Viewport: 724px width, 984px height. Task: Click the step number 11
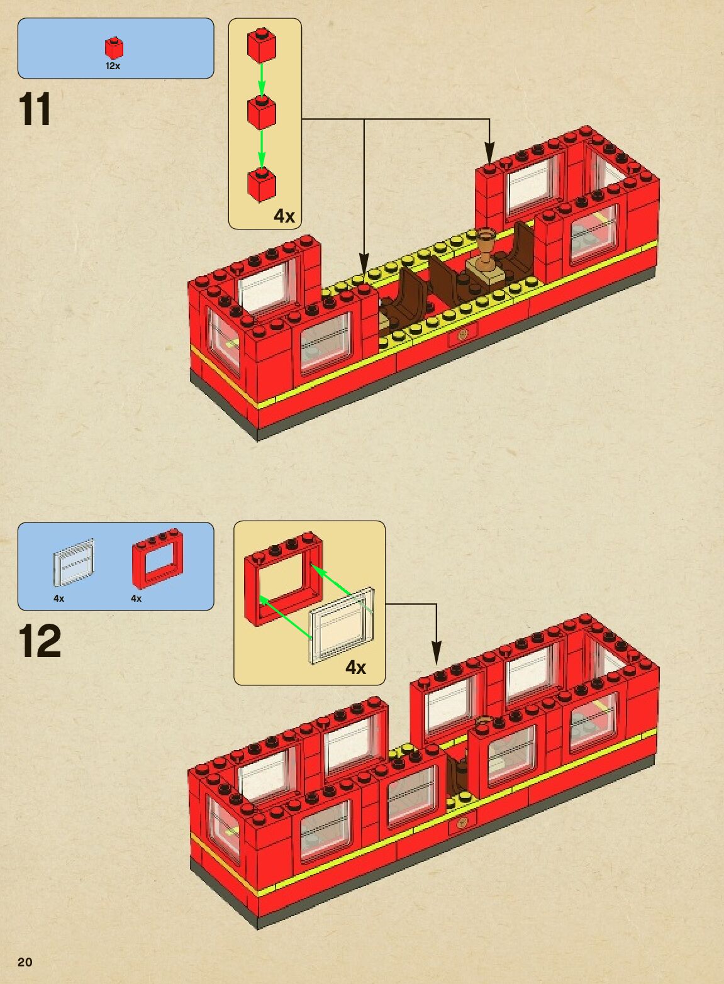click(x=35, y=110)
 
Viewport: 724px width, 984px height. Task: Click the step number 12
click(x=40, y=641)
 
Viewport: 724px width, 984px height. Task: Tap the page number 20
click(x=25, y=962)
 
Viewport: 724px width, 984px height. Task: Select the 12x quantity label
click(x=113, y=66)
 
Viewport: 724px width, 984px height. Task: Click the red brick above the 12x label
click(x=114, y=48)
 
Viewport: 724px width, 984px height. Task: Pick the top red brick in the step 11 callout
click(x=262, y=45)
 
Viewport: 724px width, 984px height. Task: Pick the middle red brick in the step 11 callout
click(x=262, y=113)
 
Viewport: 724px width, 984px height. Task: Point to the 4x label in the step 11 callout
click(x=284, y=216)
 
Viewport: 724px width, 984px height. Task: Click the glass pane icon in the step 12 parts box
click(x=74, y=562)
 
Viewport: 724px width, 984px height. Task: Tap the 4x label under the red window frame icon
click(x=136, y=599)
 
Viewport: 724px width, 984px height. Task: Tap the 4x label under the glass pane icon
click(x=59, y=599)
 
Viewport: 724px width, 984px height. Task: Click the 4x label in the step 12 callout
click(x=355, y=667)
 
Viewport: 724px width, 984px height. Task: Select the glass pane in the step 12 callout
click(x=342, y=626)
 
